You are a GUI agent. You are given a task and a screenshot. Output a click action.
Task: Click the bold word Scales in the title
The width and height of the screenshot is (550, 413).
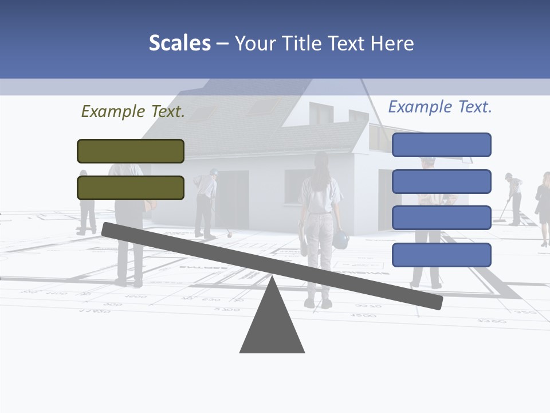coord(179,43)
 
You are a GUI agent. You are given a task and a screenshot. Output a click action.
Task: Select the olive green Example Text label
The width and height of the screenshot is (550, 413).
coord(133,111)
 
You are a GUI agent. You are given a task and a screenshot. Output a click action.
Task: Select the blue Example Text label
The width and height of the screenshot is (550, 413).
coord(440,107)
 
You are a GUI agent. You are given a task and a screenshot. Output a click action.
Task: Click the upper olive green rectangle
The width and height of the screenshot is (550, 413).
coord(131,151)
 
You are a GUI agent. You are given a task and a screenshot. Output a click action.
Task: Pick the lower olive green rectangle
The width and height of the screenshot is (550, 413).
coord(131,188)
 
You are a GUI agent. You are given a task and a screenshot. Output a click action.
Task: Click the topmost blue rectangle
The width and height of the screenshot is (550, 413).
coord(441,145)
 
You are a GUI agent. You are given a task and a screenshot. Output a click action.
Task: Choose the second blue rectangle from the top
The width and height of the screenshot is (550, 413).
coord(441,181)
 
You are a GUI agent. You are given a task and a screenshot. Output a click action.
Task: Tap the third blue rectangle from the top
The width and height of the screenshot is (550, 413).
coord(441,218)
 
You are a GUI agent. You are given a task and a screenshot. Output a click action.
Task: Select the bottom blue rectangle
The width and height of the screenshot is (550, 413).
coord(441,255)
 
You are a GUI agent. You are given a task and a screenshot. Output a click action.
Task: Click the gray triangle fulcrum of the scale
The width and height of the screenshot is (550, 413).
coord(272,324)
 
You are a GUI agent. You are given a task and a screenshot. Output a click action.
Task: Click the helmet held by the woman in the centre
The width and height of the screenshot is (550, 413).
coord(340,239)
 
